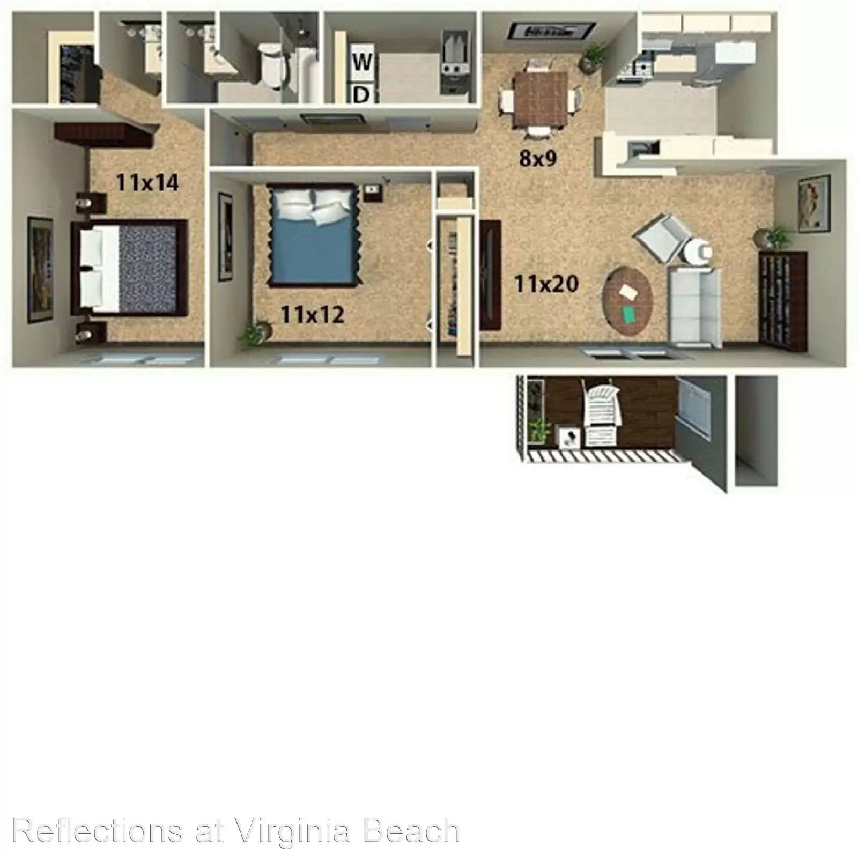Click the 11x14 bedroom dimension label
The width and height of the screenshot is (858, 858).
click(x=147, y=183)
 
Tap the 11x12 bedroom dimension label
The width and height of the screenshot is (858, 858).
click(x=312, y=315)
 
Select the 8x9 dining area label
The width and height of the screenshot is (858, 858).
click(x=538, y=158)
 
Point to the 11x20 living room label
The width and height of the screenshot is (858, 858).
click(x=546, y=284)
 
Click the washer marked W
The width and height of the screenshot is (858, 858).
click(x=362, y=62)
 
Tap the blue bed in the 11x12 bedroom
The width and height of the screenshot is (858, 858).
click(x=314, y=234)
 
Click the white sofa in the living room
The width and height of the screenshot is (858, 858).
click(x=695, y=306)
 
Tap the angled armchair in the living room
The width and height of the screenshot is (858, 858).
click(x=662, y=238)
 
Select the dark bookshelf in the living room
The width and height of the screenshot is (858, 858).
click(x=783, y=300)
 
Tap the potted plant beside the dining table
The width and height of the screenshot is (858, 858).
click(x=593, y=57)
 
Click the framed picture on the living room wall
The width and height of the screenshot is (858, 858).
click(x=814, y=203)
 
